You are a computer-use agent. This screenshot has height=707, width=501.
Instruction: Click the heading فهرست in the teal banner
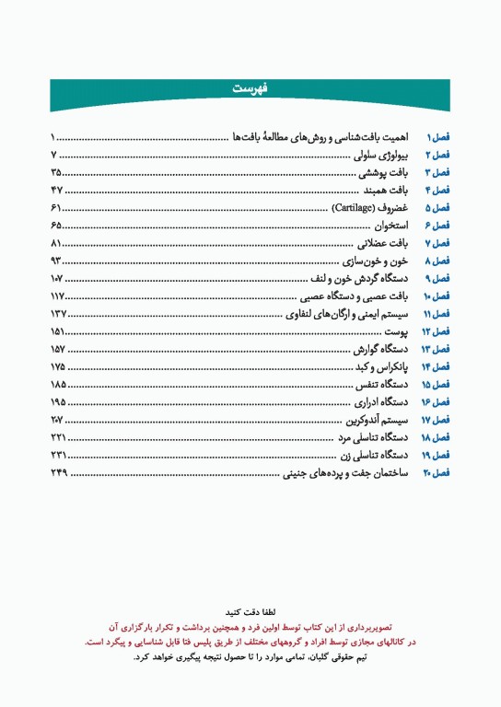[x=250, y=88]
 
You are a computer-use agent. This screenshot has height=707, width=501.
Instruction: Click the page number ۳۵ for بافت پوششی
[x=57, y=172]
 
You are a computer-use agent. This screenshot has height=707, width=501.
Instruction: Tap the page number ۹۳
[x=57, y=261]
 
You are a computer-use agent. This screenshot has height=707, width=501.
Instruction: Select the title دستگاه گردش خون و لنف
[x=361, y=278]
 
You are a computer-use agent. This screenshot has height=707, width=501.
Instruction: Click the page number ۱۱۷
[x=59, y=296]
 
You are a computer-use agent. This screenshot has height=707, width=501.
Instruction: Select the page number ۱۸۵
[x=59, y=384]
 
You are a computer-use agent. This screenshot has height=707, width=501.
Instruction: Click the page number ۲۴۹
[x=59, y=472]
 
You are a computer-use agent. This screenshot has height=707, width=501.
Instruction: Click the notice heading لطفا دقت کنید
[x=250, y=611]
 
